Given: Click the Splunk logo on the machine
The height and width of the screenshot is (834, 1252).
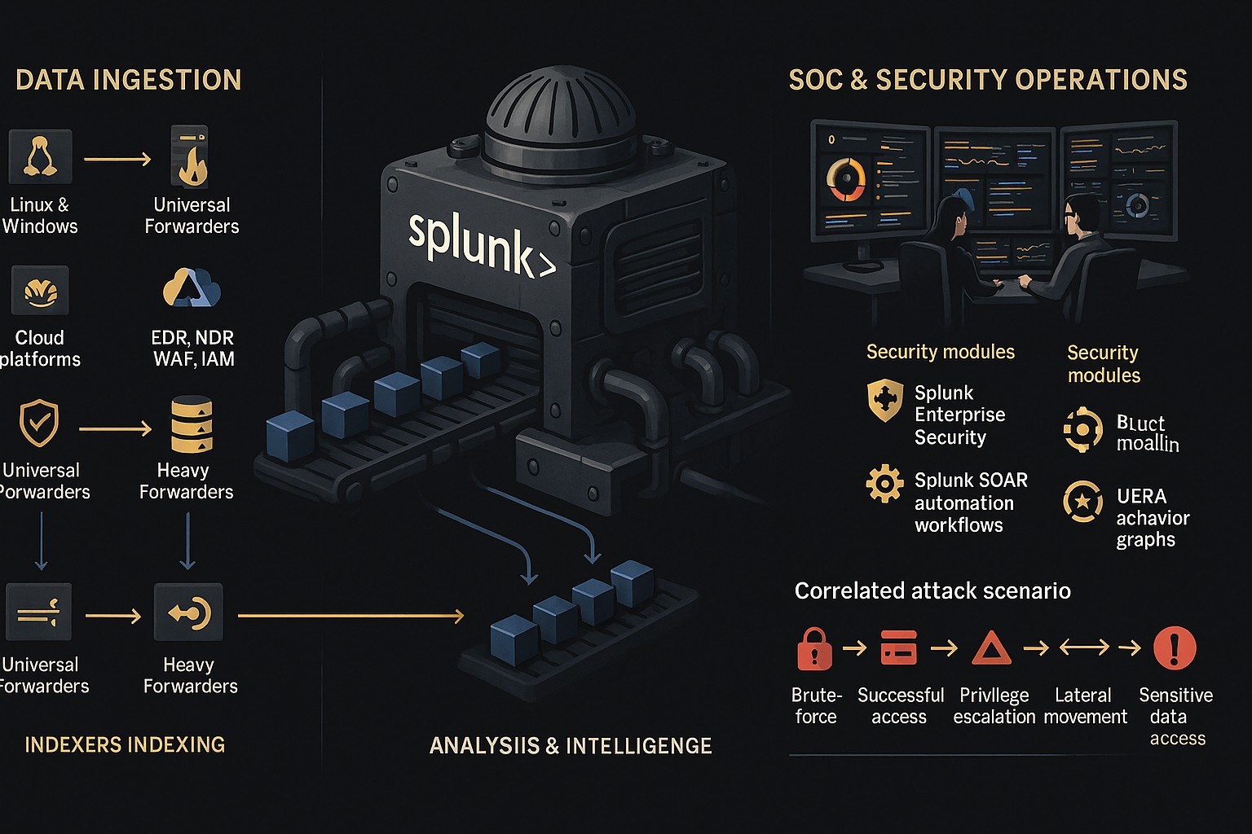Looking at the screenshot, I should tap(481, 243).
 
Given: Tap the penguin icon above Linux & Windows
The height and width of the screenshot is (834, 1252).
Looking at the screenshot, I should tap(40, 156).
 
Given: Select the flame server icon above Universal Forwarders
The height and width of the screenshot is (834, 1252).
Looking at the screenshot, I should tap(190, 156).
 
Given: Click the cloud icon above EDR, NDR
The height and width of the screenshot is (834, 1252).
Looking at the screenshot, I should tap(192, 288).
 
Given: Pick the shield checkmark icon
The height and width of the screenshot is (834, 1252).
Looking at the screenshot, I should tap(39, 424).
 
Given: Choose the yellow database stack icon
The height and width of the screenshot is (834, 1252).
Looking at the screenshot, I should tap(192, 424).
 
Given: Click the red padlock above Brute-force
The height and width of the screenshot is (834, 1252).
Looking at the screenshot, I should tap(814, 648).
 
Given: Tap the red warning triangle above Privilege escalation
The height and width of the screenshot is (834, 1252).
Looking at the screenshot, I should tap(992, 648).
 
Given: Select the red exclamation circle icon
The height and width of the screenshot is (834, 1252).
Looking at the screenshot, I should tap(1175, 647).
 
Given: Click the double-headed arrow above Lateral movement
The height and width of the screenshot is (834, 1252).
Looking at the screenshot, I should tap(1084, 647).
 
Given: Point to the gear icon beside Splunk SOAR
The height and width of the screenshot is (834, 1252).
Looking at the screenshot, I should tap(884, 484).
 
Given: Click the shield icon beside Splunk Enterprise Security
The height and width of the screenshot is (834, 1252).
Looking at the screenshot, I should tap(885, 400).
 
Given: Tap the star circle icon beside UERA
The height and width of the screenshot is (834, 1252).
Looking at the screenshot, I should tap(1083, 501).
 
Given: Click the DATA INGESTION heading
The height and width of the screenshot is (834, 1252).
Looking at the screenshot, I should tap(129, 80).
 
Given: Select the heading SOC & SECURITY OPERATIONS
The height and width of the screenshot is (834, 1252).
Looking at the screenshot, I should tap(988, 80).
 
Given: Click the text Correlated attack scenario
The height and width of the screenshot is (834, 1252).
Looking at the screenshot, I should tap(932, 591).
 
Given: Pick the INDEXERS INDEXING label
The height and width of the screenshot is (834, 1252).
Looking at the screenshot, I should tap(125, 744).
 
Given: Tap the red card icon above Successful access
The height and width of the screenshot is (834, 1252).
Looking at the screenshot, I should tap(898, 648).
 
